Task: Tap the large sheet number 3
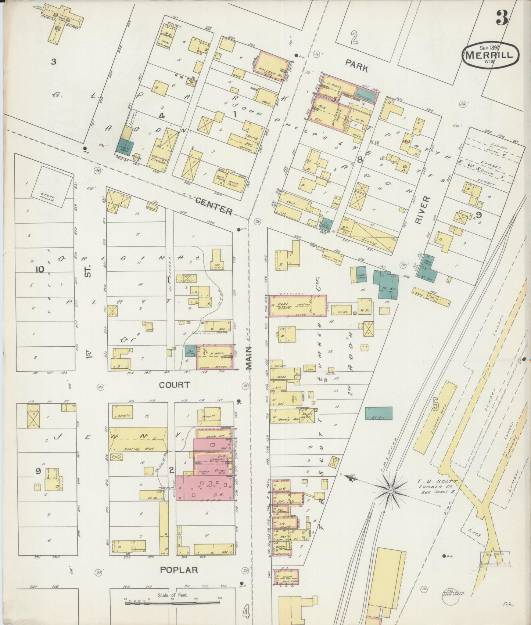502,18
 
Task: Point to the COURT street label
174,385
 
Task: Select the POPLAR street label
179,570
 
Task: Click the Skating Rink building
138,440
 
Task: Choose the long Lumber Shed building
435,417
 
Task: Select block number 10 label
40,270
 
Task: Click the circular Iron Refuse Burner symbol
454,593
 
